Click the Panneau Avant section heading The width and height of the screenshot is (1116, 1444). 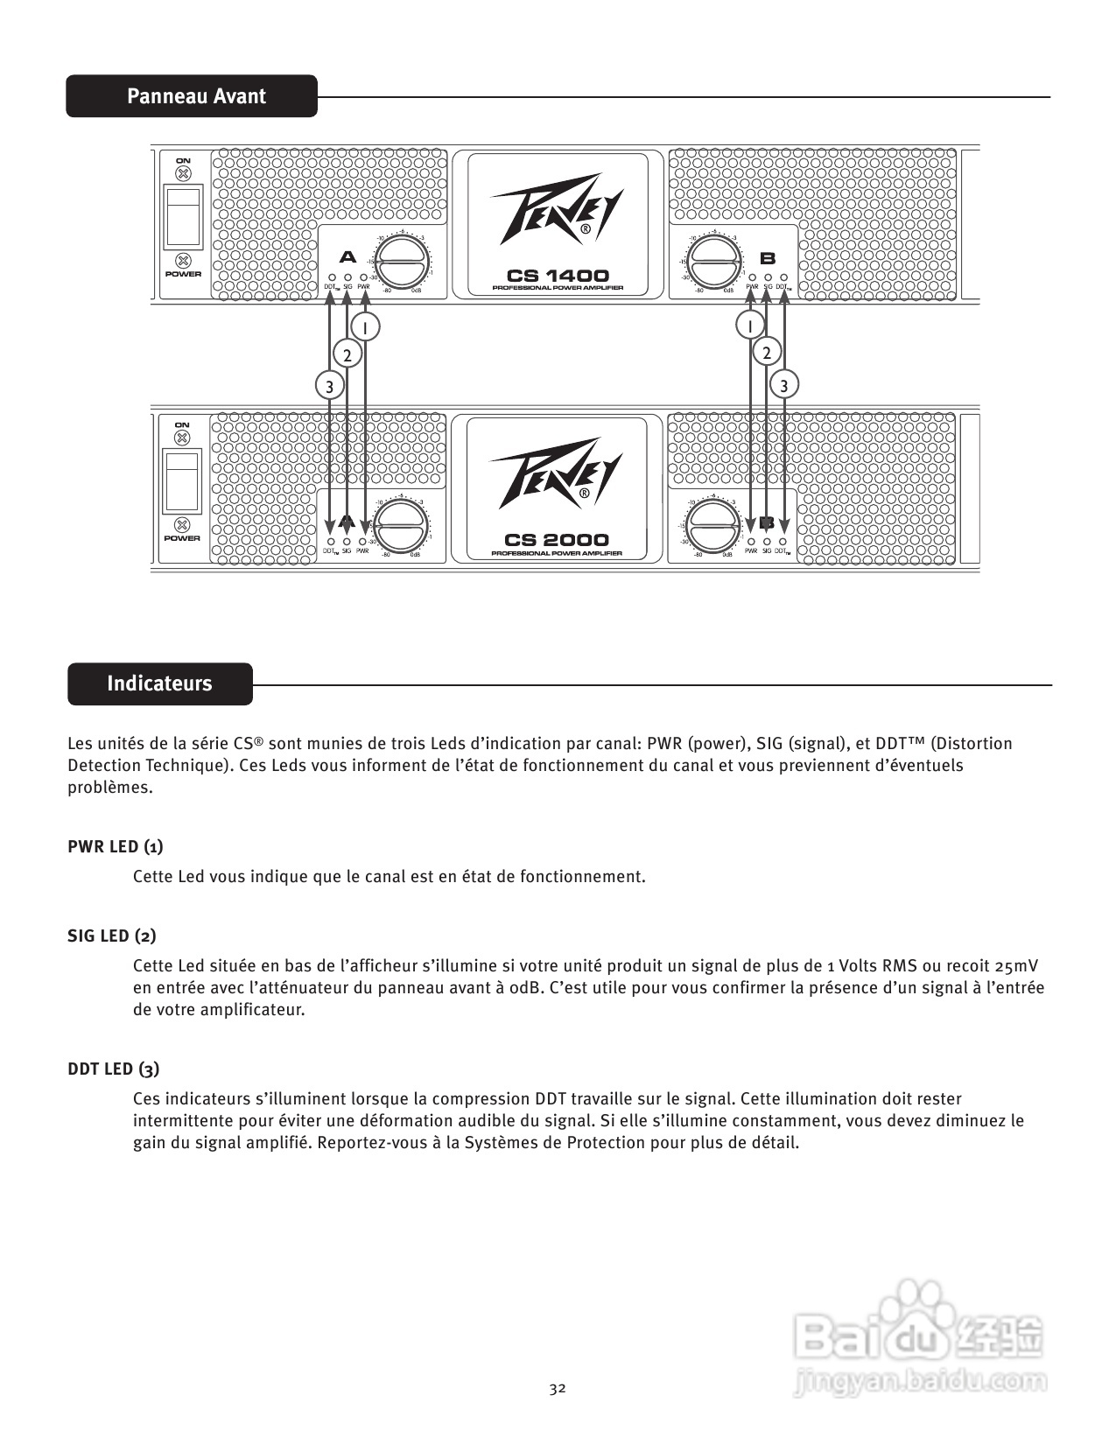[x=195, y=96]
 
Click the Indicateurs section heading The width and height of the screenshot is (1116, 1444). [x=159, y=683]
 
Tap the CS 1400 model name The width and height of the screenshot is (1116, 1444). [x=557, y=276]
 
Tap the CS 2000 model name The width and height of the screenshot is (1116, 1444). [x=557, y=540]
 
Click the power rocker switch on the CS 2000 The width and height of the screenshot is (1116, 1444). [x=182, y=480]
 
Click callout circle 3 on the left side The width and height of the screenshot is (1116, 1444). [x=329, y=385]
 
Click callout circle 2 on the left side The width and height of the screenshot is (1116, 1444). [x=347, y=354]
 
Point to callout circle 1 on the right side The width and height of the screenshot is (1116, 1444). [x=750, y=326]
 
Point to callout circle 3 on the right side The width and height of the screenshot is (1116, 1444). [x=784, y=385]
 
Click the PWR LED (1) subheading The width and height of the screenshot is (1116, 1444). [x=115, y=846]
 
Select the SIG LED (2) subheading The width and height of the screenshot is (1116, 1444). [x=112, y=936]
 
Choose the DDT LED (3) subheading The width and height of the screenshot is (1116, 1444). [x=113, y=1069]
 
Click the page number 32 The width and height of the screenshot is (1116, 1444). [x=558, y=1388]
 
